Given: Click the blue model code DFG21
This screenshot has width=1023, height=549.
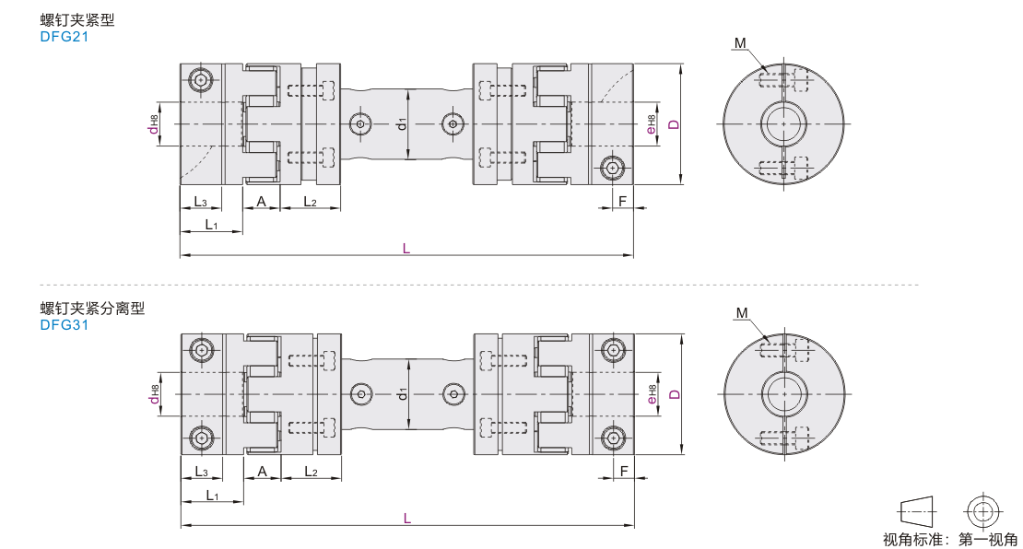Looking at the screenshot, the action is (x=64, y=37).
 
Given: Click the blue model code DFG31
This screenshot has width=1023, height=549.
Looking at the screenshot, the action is (x=64, y=325).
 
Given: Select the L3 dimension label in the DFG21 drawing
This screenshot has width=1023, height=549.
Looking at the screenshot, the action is (x=200, y=202).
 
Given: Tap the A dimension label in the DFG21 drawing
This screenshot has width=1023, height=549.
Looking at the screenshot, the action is (x=261, y=202).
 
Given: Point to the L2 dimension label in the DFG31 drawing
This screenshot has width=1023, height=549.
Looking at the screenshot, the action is (x=312, y=472).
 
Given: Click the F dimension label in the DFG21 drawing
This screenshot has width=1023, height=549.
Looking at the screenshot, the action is (x=622, y=201).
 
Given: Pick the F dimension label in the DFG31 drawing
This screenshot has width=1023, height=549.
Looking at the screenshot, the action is (x=624, y=471).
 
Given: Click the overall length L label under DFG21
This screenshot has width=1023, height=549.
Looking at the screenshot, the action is (x=406, y=248).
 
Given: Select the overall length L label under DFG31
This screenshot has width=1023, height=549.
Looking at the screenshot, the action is (x=407, y=519).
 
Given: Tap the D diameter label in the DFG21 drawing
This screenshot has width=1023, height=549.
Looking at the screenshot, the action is (x=675, y=123).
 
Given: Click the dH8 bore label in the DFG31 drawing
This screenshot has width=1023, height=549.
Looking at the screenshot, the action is (x=154, y=394).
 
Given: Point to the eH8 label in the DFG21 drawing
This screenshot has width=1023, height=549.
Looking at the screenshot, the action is (x=651, y=124).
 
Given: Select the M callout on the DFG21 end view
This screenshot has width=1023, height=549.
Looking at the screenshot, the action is (x=740, y=43).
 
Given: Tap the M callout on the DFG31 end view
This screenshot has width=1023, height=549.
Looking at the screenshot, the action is (x=742, y=313).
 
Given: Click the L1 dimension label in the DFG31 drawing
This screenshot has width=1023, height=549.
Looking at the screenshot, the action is (x=212, y=496).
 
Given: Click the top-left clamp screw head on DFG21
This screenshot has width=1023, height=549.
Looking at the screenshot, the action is (x=201, y=80).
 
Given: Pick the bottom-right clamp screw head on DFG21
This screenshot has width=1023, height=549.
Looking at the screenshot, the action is (x=612, y=169).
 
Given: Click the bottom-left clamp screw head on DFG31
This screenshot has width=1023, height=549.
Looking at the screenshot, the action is (x=202, y=438).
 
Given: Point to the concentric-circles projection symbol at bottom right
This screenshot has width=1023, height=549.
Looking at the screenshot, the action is (x=984, y=510).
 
